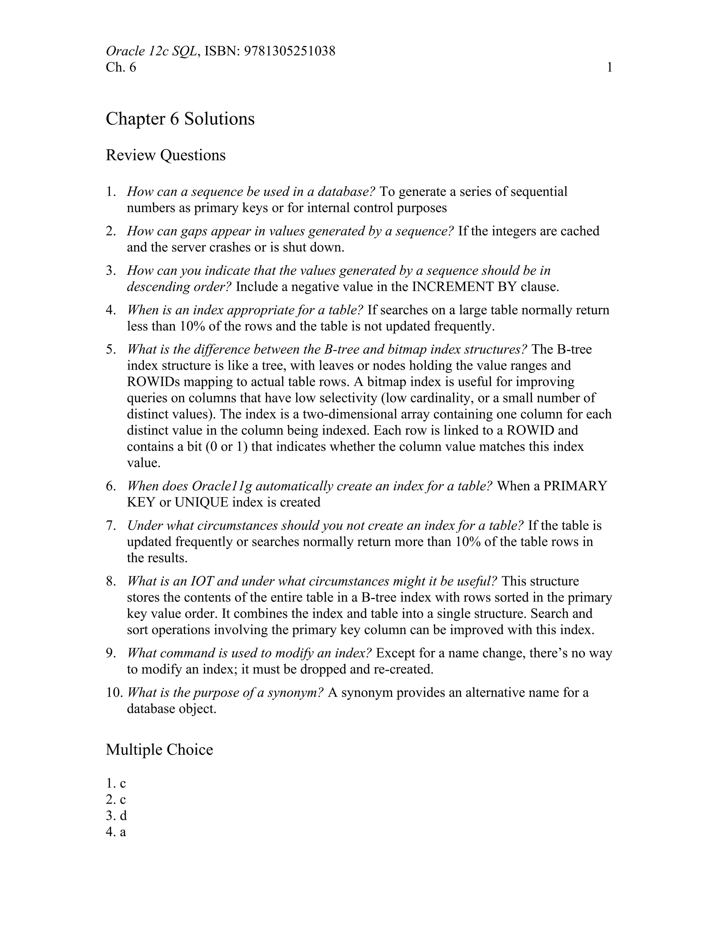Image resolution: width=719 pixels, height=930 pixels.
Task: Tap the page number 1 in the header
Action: tap(609, 67)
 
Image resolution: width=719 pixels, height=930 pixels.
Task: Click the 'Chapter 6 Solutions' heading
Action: tap(180, 119)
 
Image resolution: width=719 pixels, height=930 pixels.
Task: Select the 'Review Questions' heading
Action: tap(165, 155)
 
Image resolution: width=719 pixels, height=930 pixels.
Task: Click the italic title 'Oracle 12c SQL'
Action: tap(151, 51)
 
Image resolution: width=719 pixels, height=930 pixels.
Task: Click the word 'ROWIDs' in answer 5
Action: tap(153, 381)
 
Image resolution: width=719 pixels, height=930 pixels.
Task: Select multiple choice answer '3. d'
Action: tap(116, 816)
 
